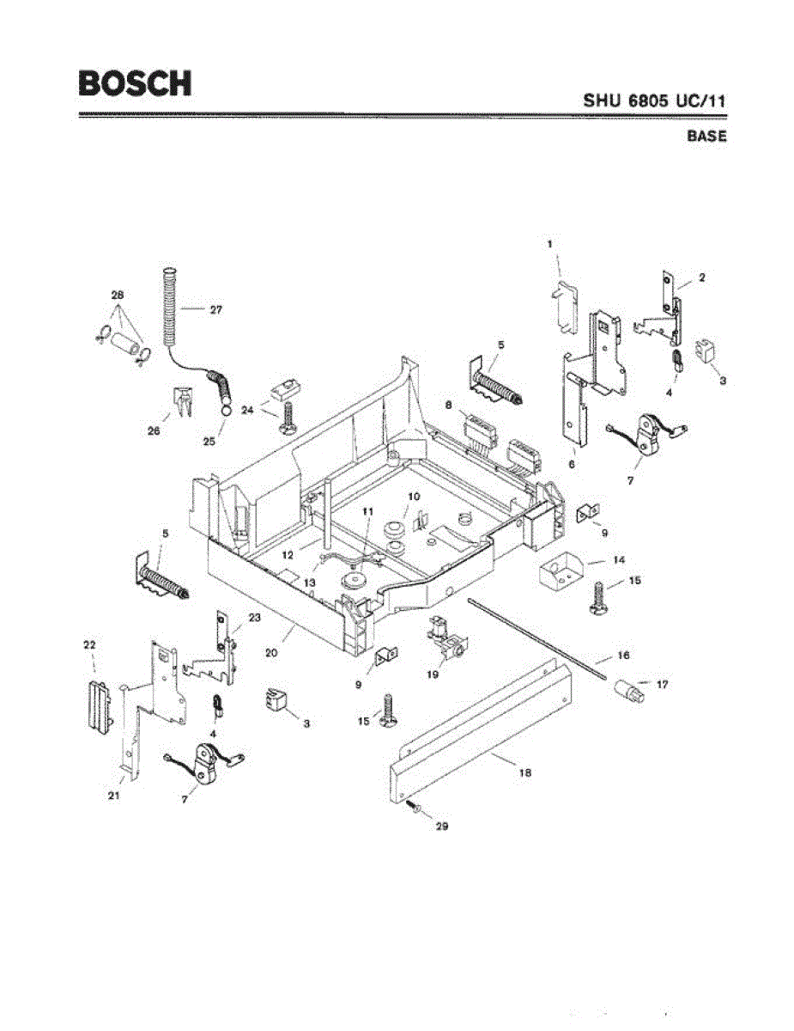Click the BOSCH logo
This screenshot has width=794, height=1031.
(135, 82)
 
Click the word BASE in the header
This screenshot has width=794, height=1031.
(706, 137)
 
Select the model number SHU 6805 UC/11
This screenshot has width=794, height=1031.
(655, 101)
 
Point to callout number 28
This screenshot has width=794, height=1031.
(118, 295)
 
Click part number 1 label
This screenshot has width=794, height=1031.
(550, 244)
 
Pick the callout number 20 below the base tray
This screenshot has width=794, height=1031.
(271, 652)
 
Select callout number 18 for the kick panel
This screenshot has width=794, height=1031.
(525, 772)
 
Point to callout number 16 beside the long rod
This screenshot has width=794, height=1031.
(623, 656)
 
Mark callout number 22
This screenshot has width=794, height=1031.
(88, 644)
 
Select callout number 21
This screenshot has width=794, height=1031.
(112, 796)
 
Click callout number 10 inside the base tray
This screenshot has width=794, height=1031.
(413, 497)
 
